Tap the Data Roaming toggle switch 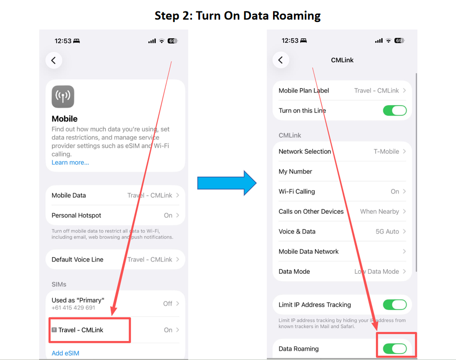[x=395, y=349]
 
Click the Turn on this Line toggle [x=395, y=110]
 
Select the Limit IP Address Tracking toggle [x=395, y=304]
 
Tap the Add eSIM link [x=65, y=353]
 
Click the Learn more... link [x=71, y=162]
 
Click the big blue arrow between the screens [x=227, y=183]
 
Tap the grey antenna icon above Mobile [x=63, y=97]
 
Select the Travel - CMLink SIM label [x=81, y=330]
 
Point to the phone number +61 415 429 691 [x=73, y=308]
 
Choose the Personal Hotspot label [x=76, y=215]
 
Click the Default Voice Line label [x=77, y=260]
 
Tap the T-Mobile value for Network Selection [x=386, y=151]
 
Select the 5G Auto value [x=387, y=231]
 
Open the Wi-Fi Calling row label [x=297, y=191]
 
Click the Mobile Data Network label [x=309, y=251]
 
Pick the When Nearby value [x=379, y=211]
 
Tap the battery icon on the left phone [x=172, y=40]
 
